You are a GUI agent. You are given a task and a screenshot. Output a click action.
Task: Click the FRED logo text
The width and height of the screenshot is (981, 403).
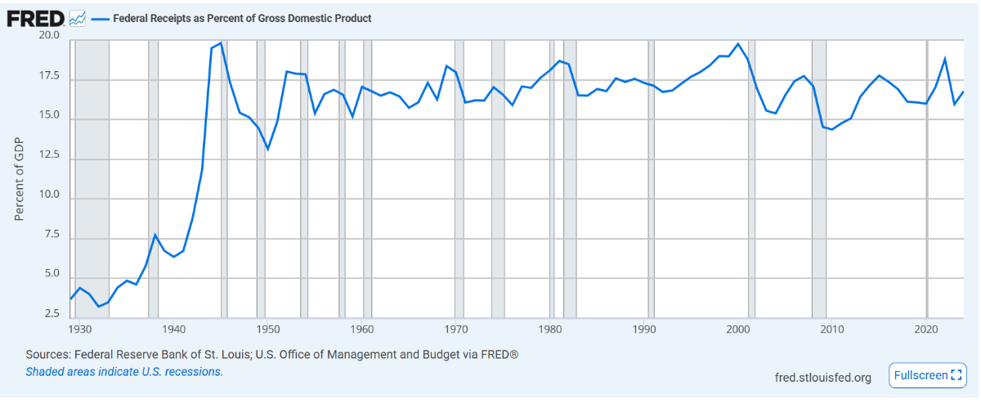tap(35, 17)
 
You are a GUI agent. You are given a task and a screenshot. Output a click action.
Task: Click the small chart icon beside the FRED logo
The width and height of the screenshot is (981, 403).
tap(78, 17)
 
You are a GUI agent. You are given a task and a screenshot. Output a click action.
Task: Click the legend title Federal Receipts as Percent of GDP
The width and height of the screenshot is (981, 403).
tap(240, 18)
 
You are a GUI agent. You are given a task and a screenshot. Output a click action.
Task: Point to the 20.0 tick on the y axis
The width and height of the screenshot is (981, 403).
tap(48, 36)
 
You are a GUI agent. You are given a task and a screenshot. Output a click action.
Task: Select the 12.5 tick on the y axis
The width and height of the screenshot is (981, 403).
tap(48, 158)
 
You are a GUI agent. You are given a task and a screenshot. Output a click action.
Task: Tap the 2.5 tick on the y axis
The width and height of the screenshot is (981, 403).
tap(51, 314)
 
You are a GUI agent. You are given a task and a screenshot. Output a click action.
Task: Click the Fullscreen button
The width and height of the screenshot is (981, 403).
tap(928, 375)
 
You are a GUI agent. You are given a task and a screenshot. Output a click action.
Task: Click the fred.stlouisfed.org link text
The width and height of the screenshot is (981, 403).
tap(822, 377)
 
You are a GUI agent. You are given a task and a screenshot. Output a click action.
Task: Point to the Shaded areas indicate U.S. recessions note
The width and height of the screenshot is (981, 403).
tap(124, 371)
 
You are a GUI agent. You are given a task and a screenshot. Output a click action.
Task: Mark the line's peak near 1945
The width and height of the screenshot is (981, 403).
tap(221, 43)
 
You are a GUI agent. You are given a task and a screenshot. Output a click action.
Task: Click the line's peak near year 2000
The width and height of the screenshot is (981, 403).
tap(738, 43)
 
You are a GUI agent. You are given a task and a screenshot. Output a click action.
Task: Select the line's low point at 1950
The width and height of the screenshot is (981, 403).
tap(267, 149)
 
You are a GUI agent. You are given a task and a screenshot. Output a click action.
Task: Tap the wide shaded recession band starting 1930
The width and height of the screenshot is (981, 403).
tap(92, 180)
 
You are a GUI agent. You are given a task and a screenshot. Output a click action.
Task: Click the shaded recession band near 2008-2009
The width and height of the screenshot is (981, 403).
tap(818, 180)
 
